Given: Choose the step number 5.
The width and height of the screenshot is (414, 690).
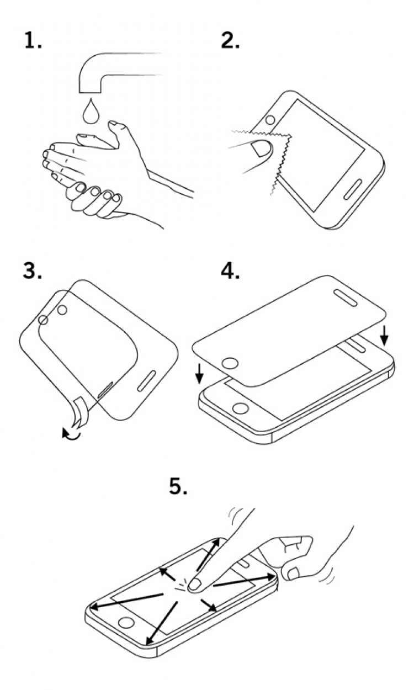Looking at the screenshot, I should coord(178,486).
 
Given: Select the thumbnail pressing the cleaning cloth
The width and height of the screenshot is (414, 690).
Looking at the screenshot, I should coord(259,147).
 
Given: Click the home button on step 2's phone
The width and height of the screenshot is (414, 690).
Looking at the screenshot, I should coord(270,120).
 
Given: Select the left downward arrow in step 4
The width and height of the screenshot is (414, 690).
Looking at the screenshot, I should coord(200,375).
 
